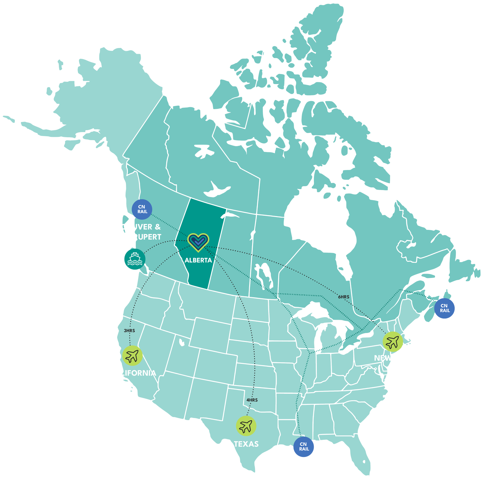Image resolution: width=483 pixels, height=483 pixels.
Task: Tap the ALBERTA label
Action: click(x=198, y=260)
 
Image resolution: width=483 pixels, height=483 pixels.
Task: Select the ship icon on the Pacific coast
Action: click(x=135, y=259)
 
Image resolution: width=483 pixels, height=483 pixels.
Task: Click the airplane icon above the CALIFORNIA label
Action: click(x=132, y=356)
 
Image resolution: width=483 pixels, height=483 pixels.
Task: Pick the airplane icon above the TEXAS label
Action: click(x=246, y=426)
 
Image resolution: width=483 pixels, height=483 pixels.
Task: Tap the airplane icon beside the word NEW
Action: click(x=393, y=341)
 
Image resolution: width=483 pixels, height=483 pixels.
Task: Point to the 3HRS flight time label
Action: click(x=129, y=331)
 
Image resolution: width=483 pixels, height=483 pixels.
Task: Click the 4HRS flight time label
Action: click(x=252, y=400)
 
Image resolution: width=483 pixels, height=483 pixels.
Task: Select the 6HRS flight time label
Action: click(x=344, y=297)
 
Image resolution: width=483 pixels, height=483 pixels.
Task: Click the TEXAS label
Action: click(x=246, y=444)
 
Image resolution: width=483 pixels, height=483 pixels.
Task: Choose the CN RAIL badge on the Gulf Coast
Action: click(x=303, y=447)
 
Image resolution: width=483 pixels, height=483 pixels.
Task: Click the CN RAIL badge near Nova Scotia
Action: click(x=444, y=308)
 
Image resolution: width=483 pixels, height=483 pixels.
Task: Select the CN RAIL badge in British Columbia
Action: click(x=142, y=209)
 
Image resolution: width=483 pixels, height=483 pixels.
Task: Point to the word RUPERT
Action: click(x=148, y=237)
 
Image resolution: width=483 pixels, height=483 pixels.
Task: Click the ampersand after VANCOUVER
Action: click(x=157, y=227)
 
